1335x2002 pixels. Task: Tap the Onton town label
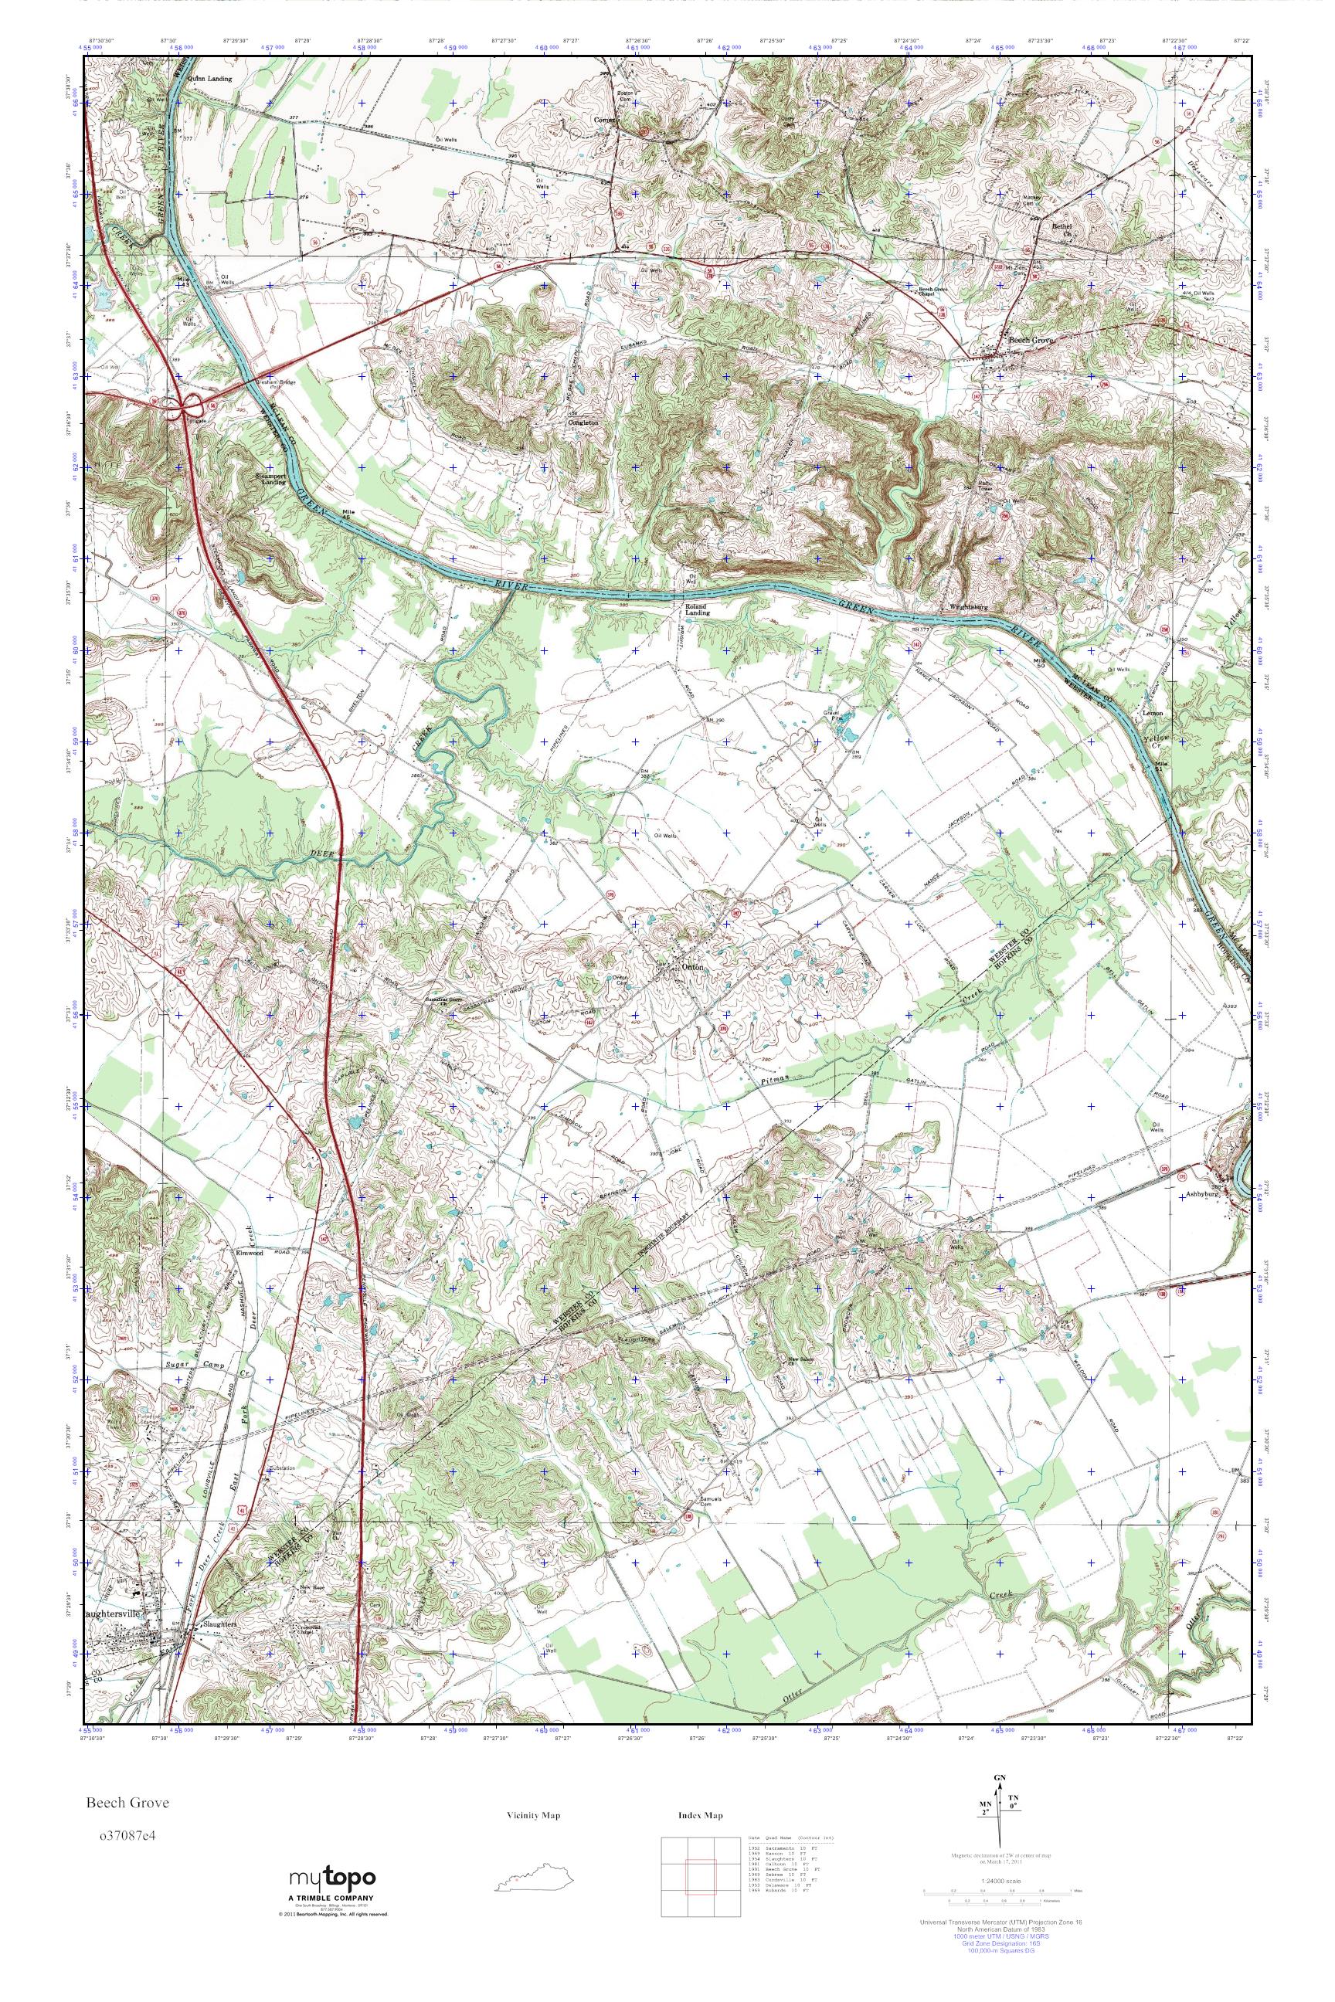pos(692,967)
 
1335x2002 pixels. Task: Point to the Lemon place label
pos(1153,711)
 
